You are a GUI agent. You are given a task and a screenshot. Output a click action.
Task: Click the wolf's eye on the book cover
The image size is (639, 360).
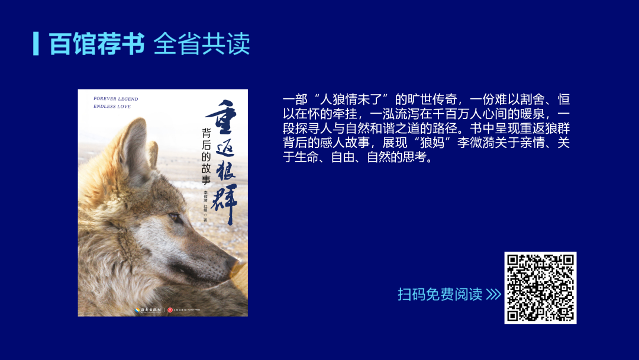click(x=176, y=218)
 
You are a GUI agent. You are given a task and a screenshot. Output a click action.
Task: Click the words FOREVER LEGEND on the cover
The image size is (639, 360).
click(x=116, y=98)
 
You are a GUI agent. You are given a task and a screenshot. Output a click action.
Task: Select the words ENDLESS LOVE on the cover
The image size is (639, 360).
click(x=112, y=107)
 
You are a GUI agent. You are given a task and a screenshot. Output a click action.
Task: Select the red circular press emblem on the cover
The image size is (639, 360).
click(x=170, y=308)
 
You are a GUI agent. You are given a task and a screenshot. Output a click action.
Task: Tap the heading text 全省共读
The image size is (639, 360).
click(x=202, y=43)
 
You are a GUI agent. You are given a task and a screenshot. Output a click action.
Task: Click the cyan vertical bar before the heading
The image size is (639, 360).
click(x=36, y=43)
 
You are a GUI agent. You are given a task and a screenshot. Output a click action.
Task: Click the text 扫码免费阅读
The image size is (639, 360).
click(x=440, y=294)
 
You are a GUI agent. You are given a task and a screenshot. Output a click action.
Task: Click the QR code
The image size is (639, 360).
click(x=540, y=288)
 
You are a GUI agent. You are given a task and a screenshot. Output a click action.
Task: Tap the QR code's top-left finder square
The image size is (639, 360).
click(x=515, y=262)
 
